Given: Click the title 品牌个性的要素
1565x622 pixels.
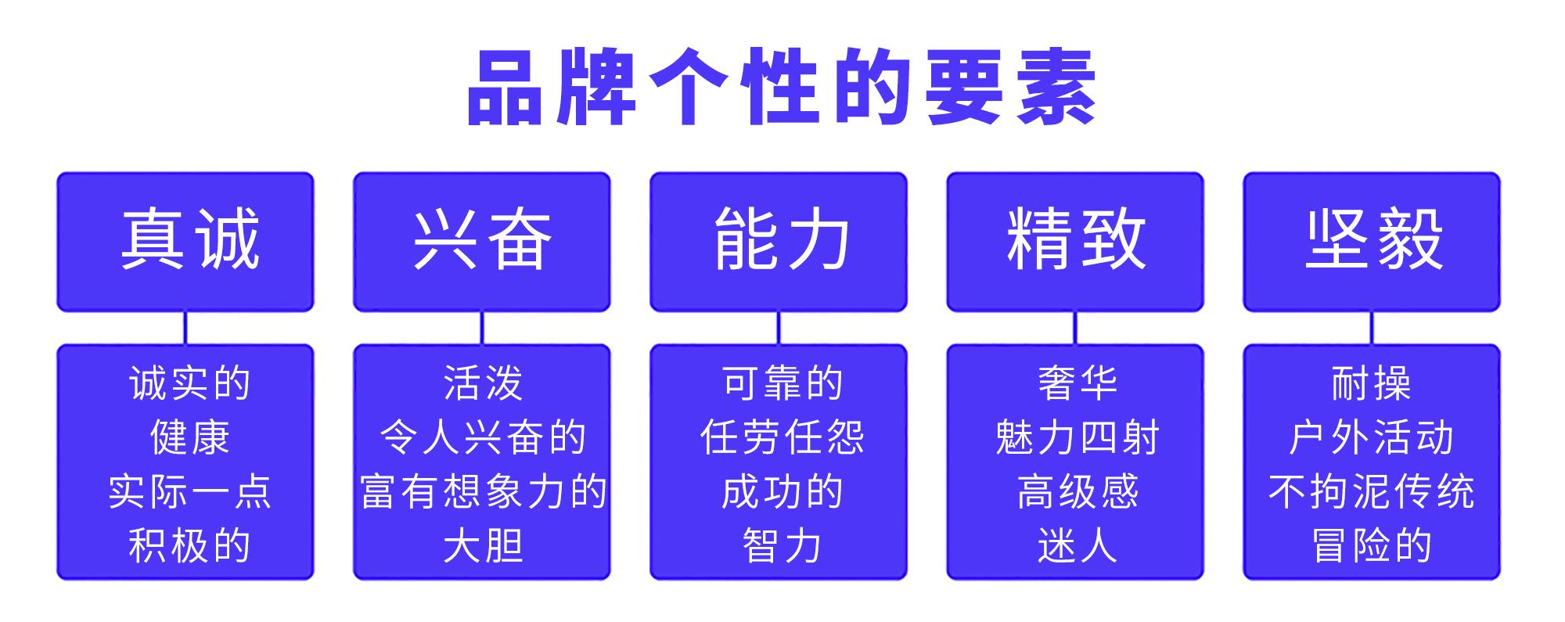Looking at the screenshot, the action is pos(781,88).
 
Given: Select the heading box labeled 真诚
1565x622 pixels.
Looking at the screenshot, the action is pos(185,242).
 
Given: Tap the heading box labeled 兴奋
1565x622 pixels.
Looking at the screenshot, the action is pos(482,242).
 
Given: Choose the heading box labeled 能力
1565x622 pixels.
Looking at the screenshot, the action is pos(779,242).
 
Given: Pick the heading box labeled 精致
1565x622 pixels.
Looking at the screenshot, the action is pos(1075,242).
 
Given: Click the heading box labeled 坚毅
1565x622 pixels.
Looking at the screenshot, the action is pos(1372,242).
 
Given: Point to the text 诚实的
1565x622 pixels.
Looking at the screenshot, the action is pos(189,383).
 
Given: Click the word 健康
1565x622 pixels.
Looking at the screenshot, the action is pos(189,437).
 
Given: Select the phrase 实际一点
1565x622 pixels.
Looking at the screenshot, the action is pos(189,491).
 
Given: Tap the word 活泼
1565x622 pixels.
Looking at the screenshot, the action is pos(483,383).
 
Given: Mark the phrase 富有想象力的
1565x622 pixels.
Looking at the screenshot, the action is pos(483,491).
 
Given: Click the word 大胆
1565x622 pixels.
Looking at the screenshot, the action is pos(483,545).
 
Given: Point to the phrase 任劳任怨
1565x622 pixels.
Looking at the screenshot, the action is pos(782,437).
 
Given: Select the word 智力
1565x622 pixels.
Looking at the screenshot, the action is pos(782,545).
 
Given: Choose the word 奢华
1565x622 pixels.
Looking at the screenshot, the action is pos(1078,383).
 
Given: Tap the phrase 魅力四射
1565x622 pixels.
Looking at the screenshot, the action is pos(1078,437).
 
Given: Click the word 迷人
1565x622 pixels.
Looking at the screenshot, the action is pos(1078,545).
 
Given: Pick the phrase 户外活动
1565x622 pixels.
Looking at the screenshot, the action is pos(1372,437).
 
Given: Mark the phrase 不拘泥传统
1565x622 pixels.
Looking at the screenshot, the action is pos(1372,491).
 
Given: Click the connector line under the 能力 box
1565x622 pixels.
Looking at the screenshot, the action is pos(779,328).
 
